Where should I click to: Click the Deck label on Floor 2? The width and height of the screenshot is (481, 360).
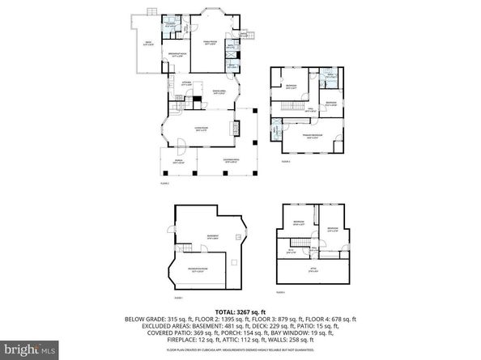149,43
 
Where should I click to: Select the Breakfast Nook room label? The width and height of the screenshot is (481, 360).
177,55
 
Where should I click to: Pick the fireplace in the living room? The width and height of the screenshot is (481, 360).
236,128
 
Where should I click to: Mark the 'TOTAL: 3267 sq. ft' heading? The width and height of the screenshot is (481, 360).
240,312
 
